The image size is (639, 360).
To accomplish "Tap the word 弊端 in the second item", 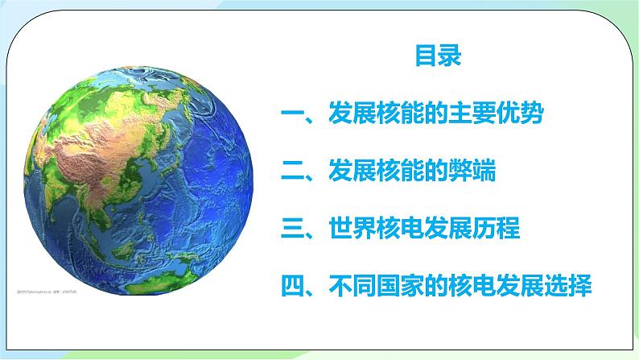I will click(x=472, y=172).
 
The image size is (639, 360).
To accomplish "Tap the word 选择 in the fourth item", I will click(x=570, y=286).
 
